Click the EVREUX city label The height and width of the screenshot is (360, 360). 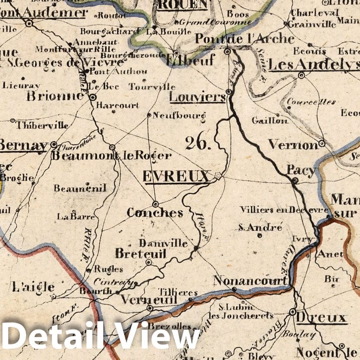pos(176,176)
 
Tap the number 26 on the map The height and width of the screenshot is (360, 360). pos(198,144)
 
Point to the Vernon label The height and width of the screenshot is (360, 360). pos(293,145)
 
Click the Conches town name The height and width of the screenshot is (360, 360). pos(155,213)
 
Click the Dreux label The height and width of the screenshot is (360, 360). pos(321,318)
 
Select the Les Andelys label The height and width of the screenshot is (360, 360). pos(313,65)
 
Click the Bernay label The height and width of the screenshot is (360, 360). pos(23,145)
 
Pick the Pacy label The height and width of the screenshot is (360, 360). pos(301,171)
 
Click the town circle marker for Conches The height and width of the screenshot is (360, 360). pos(156,204)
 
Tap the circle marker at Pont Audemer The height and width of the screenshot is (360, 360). pos(29,23)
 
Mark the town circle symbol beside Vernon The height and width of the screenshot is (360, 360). pos(322,144)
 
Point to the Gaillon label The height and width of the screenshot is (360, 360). pos(270,120)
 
